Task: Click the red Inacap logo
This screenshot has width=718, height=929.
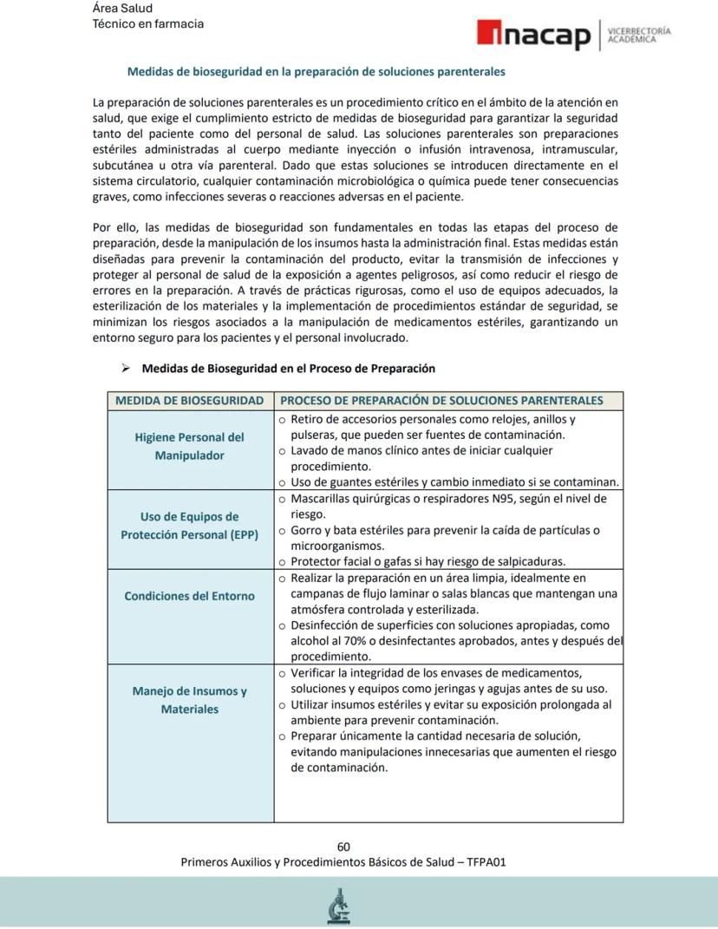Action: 533,36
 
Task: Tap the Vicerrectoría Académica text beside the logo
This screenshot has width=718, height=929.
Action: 639,35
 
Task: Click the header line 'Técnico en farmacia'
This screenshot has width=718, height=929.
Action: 148,24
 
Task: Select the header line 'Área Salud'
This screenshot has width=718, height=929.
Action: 122,9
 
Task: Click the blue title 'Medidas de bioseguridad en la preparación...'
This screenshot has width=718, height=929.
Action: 316,71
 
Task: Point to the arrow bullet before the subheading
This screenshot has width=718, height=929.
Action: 126,369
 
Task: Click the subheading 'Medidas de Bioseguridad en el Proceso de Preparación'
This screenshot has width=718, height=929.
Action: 288,369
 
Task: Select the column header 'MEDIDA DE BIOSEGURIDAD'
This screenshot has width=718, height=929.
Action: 190,401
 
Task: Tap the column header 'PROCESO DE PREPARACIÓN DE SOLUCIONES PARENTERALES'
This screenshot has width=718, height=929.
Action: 441,401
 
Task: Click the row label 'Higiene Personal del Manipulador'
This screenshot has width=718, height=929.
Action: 189,447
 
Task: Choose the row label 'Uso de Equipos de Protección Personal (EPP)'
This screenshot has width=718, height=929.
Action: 189,527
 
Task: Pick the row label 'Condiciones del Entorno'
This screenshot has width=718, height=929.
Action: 189,597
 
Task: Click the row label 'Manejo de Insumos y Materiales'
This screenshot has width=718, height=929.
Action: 189,700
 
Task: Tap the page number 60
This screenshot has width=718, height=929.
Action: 343,847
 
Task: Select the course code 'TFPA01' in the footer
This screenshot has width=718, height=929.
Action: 486,862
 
